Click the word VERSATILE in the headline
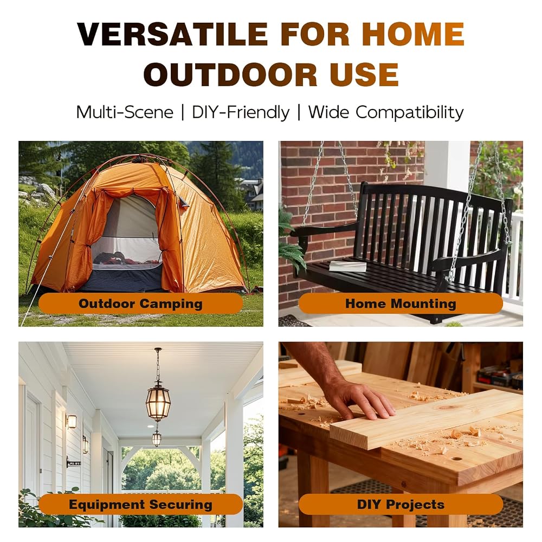tap(172, 34)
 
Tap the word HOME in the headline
tap(413, 34)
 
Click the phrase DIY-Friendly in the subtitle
tap(241, 113)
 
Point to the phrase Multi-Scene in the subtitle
tap(125, 112)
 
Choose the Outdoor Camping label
tap(140, 304)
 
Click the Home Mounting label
tap(401, 304)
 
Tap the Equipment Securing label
tap(140, 504)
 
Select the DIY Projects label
tap(401, 504)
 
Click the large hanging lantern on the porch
tap(158, 399)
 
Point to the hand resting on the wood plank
tap(359, 397)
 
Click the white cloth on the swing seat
tap(347, 266)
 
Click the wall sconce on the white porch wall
tap(72, 421)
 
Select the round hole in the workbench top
tap(456, 460)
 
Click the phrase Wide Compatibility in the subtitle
tap(386, 113)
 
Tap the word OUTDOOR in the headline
tap(230, 74)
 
